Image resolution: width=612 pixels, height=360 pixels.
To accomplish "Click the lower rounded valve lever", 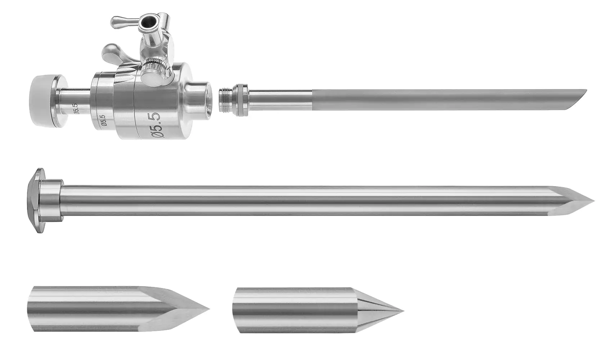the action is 113,54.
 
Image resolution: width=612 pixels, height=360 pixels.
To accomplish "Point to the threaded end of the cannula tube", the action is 226,100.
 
